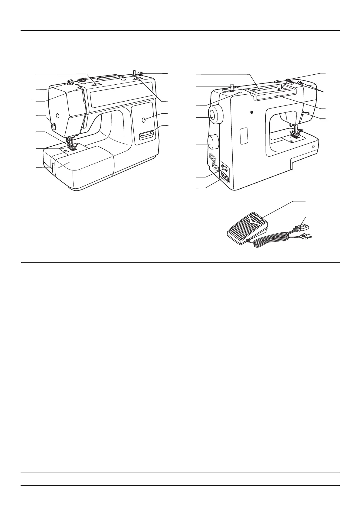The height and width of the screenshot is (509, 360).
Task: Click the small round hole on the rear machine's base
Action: click(313, 147)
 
